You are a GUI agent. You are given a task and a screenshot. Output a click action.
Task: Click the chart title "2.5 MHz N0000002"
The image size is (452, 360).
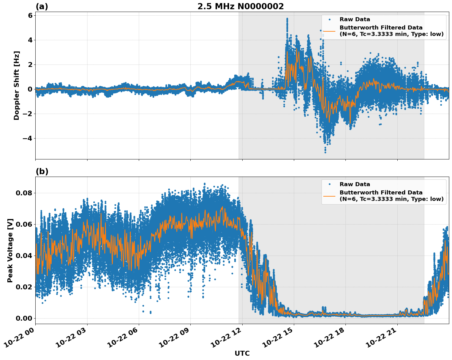click(x=240, y=6)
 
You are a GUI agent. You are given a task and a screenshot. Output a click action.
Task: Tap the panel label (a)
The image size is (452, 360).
click(x=42, y=6)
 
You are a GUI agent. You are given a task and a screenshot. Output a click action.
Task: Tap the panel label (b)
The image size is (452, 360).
click(x=42, y=171)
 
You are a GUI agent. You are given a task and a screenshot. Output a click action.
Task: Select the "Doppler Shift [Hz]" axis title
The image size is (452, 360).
click(x=17, y=85)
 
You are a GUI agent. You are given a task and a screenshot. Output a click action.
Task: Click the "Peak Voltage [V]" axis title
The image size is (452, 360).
click(x=10, y=250)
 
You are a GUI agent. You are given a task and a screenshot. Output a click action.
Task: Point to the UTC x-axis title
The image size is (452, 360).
click(x=242, y=353)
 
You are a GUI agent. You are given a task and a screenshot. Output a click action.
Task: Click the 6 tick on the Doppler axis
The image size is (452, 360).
click(x=30, y=15)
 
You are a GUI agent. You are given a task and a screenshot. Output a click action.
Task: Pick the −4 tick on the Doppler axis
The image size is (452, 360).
click(x=27, y=138)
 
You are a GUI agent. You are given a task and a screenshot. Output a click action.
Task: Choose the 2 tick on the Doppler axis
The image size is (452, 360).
click(x=30, y=65)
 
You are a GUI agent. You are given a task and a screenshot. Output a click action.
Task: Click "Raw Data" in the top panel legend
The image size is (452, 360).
click(x=355, y=19)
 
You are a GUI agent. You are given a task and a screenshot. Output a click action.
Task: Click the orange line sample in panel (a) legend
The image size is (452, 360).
click(x=329, y=31)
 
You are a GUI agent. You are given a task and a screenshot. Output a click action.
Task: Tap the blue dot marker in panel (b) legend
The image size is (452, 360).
click(x=329, y=184)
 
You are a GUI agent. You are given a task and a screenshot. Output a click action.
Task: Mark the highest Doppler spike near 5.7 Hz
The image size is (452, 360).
click(x=287, y=19)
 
